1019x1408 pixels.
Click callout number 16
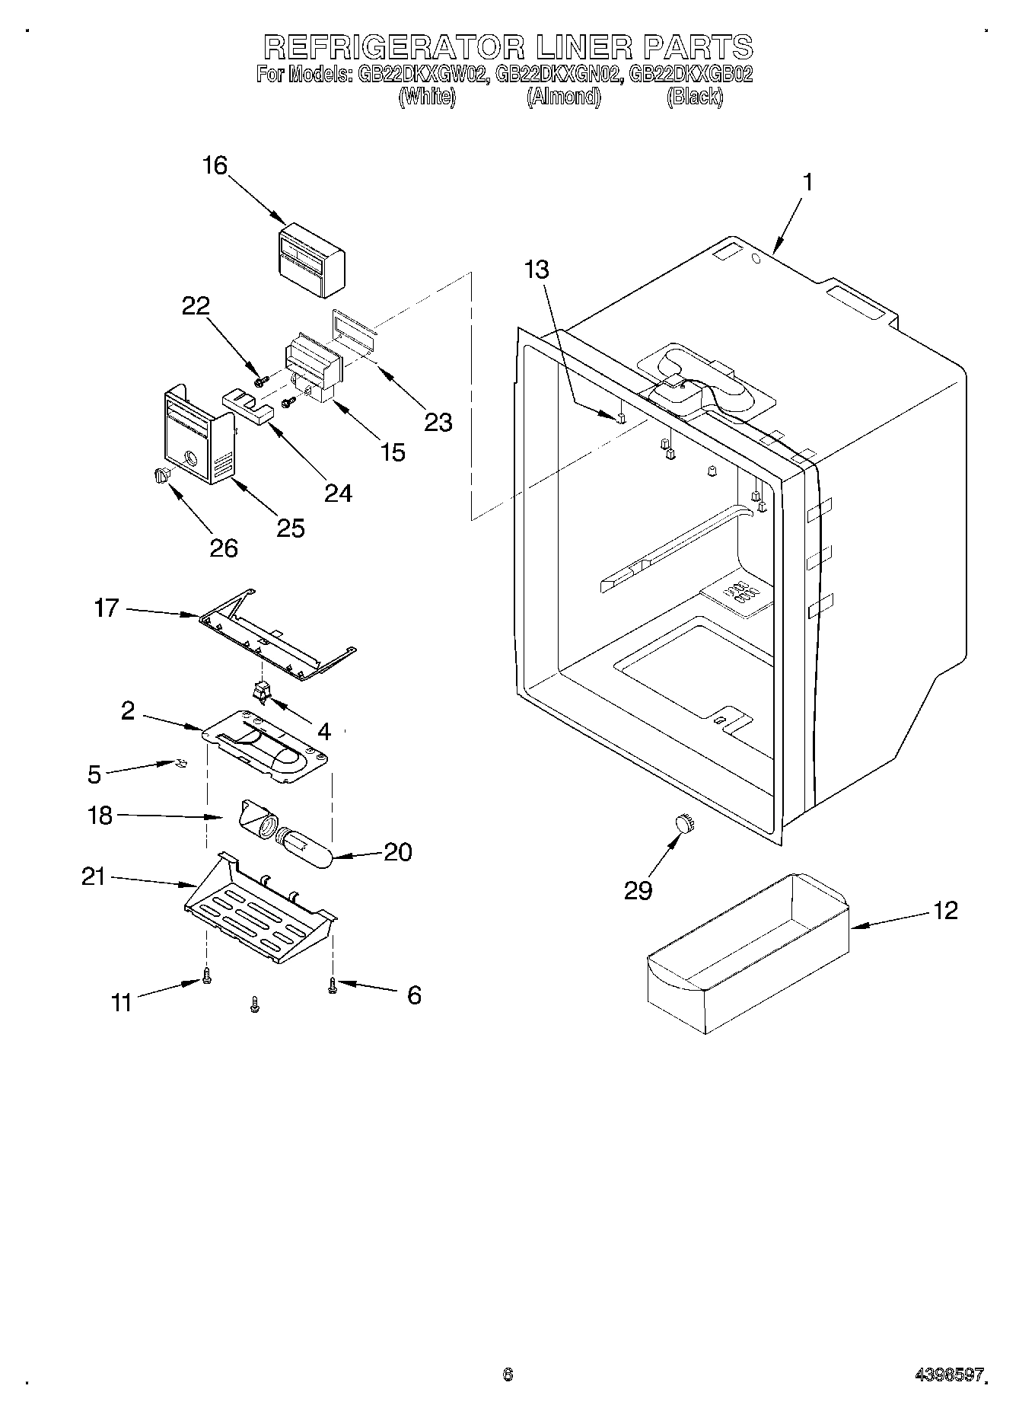click(x=215, y=166)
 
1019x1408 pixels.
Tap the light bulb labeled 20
click(x=307, y=848)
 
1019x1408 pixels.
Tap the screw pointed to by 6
click(x=333, y=985)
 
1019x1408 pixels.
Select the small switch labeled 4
click(x=263, y=691)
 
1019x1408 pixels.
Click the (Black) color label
click(x=694, y=97)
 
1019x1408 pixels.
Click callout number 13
click(x=537, y=270)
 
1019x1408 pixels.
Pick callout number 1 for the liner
click(x=807, y=183)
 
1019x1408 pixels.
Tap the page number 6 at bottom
click(x=508, y=1374)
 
